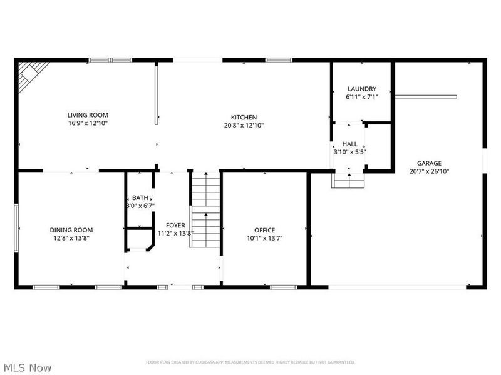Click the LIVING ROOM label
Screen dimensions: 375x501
click(x=88, y=114)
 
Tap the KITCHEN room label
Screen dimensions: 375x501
click(x=244, y=117)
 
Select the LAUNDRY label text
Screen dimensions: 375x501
click(x=361, y=89)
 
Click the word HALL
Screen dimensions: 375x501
click(x=349, y=144)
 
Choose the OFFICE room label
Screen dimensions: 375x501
click(x=264, y=230)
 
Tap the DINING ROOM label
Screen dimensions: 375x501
click(x=71, y=230)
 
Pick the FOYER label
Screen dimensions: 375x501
click(x=175, y=225)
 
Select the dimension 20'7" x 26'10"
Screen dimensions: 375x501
click(x=430, y=171)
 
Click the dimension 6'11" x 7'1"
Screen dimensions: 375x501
click(x=362, y=97)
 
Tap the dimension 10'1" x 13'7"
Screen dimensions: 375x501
click(x=264, y=238)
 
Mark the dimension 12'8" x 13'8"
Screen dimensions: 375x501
click(x=71, y=238)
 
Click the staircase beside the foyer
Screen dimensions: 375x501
click(x=205, y=209)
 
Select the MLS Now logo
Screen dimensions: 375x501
click(x=27, y=367)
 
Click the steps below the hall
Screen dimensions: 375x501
click(x=348, y=180)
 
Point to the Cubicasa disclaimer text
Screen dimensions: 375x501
click(x=250, y=362)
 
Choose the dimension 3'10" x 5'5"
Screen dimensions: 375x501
click(x=349, y=152)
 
